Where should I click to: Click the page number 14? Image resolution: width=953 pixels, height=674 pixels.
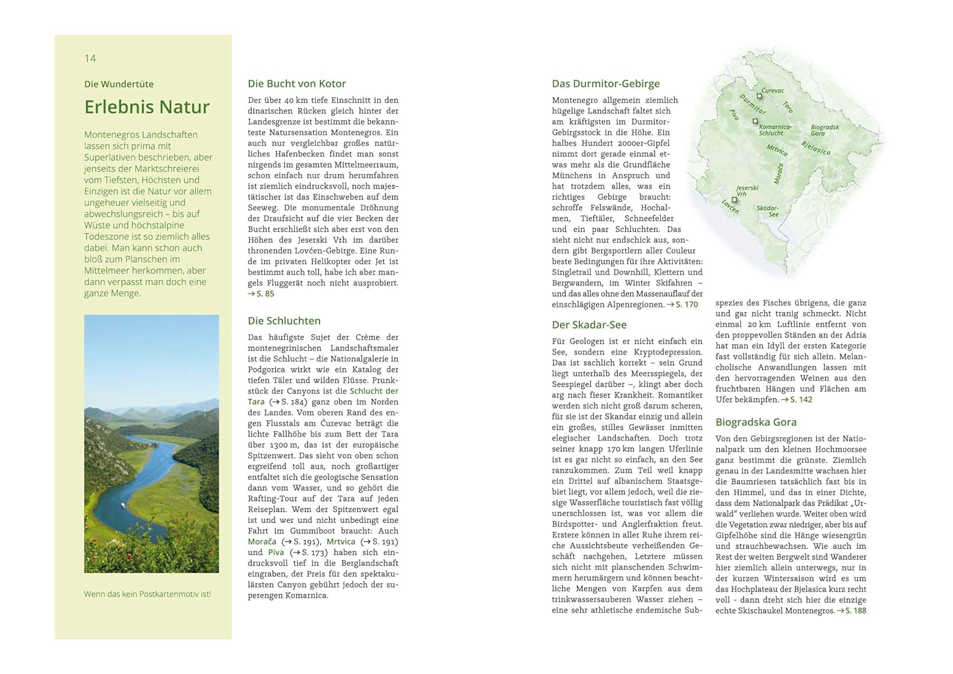click(90, 58)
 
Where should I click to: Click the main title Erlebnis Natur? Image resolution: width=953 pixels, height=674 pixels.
click(147, 107)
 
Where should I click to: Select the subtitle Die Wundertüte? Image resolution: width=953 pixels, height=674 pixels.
click(119, 84)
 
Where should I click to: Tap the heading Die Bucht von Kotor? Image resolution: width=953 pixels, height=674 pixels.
click(297, 83)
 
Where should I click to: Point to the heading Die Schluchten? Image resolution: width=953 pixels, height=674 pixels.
click(284, 321)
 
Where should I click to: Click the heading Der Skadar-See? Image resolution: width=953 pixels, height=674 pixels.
click(589, 325)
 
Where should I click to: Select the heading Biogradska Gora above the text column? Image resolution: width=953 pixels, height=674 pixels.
click(755, 422)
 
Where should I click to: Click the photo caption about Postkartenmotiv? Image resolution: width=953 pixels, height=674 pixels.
click(147, 594)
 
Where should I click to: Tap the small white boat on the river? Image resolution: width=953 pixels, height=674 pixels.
click(123, 506)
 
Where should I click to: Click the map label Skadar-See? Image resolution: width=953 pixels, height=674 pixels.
click(767, 211)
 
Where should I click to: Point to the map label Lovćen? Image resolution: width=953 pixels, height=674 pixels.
click(730, 206)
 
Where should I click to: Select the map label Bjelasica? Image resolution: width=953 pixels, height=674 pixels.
click(816, 147)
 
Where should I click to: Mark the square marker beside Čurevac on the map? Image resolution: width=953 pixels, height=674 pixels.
click(759, 97)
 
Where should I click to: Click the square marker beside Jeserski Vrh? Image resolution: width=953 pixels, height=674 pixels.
click(734, 199)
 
